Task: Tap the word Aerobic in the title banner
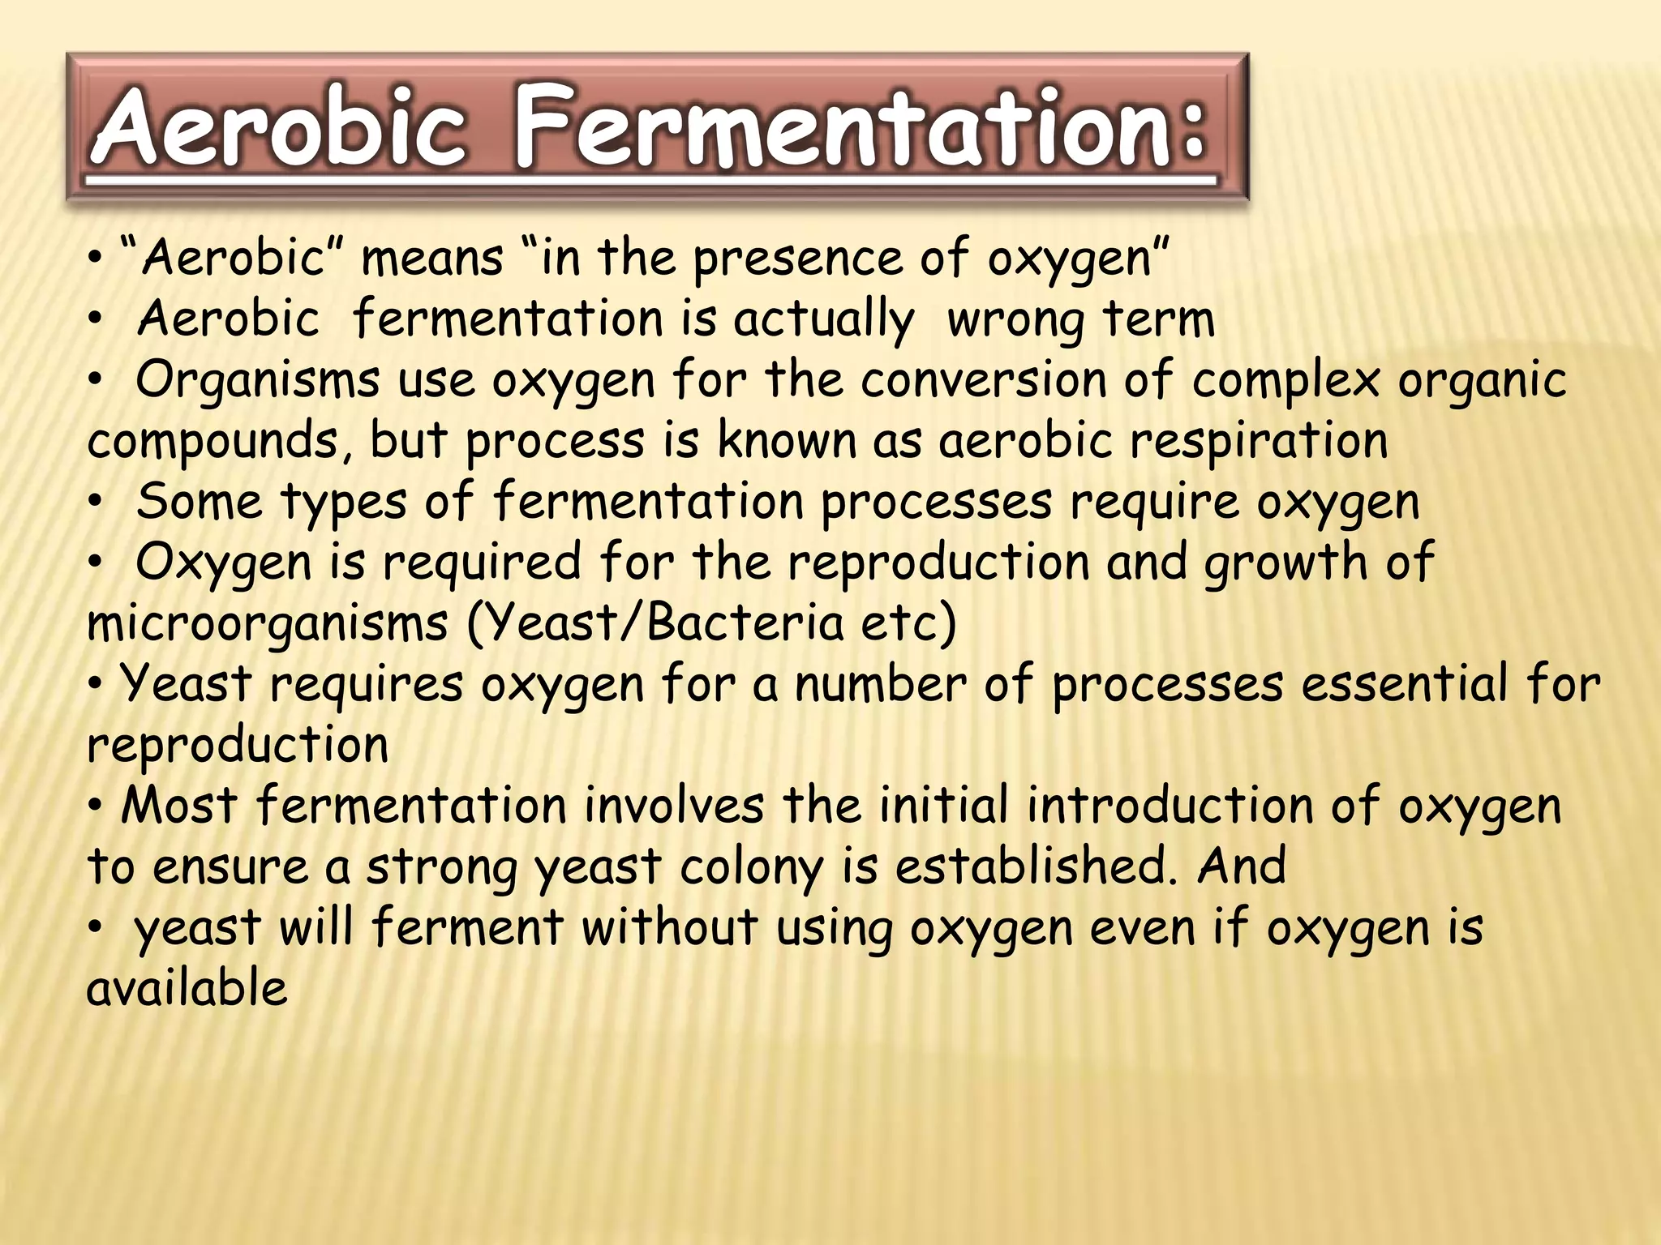click(280, 128)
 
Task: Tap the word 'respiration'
click(1259, 443)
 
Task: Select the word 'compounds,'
click(220, 443)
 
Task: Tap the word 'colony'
click(750, 868)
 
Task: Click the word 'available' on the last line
click(187, 988)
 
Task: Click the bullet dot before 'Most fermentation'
click(97, 807)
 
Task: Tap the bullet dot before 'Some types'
click(97, 503)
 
